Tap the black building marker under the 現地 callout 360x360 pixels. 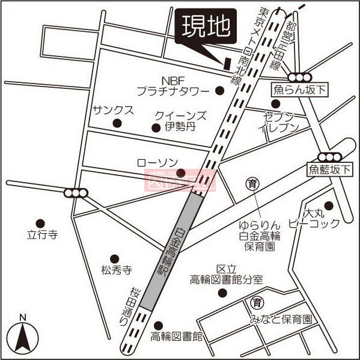(227, 63)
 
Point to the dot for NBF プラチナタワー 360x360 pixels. (219, 91)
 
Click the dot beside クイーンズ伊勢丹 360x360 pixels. (156, 127)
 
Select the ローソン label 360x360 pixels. (158, 162)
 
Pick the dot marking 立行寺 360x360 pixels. (41, 222)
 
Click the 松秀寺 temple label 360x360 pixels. (116, 269)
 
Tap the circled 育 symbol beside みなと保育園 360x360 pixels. (257, 302)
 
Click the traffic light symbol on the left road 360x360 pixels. (76, 193)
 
